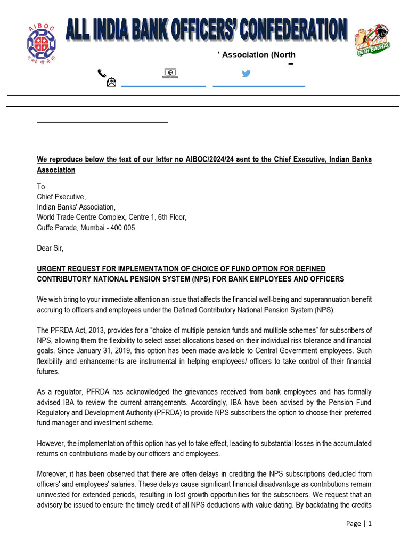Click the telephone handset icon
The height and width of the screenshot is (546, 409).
102,73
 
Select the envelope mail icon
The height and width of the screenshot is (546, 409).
111,82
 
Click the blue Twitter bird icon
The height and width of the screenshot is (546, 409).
246,74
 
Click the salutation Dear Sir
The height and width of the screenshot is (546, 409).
50,248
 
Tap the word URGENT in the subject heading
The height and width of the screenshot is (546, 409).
52,268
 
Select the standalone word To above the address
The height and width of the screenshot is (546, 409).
41,187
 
